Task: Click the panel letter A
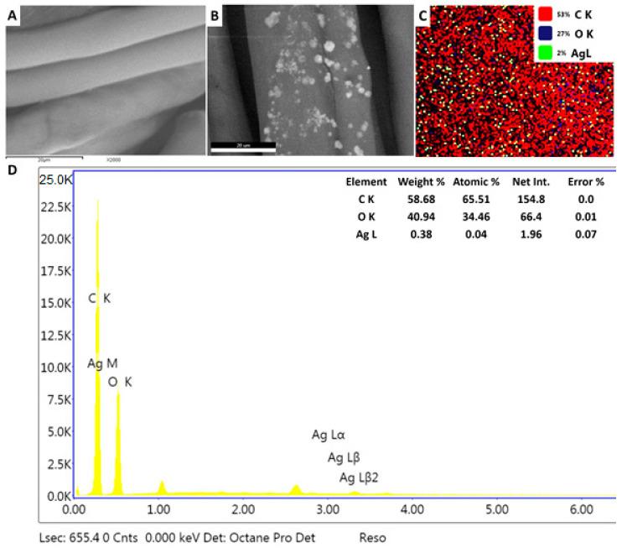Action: [x=13, y=16]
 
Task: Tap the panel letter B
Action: [x=215, y=16]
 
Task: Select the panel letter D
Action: [x=11, y=170]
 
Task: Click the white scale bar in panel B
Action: [x=242, y=149]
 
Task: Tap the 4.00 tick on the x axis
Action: [x=412, y=509]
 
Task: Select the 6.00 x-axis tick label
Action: [x=581, y=509]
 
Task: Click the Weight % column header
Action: [x=419, y=181]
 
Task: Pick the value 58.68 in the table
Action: [x=419, y=199]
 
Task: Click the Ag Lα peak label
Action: [x=329, y=435]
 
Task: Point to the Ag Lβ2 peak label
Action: [x=360, y=477]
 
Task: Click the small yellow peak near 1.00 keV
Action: [x=162, y=488]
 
